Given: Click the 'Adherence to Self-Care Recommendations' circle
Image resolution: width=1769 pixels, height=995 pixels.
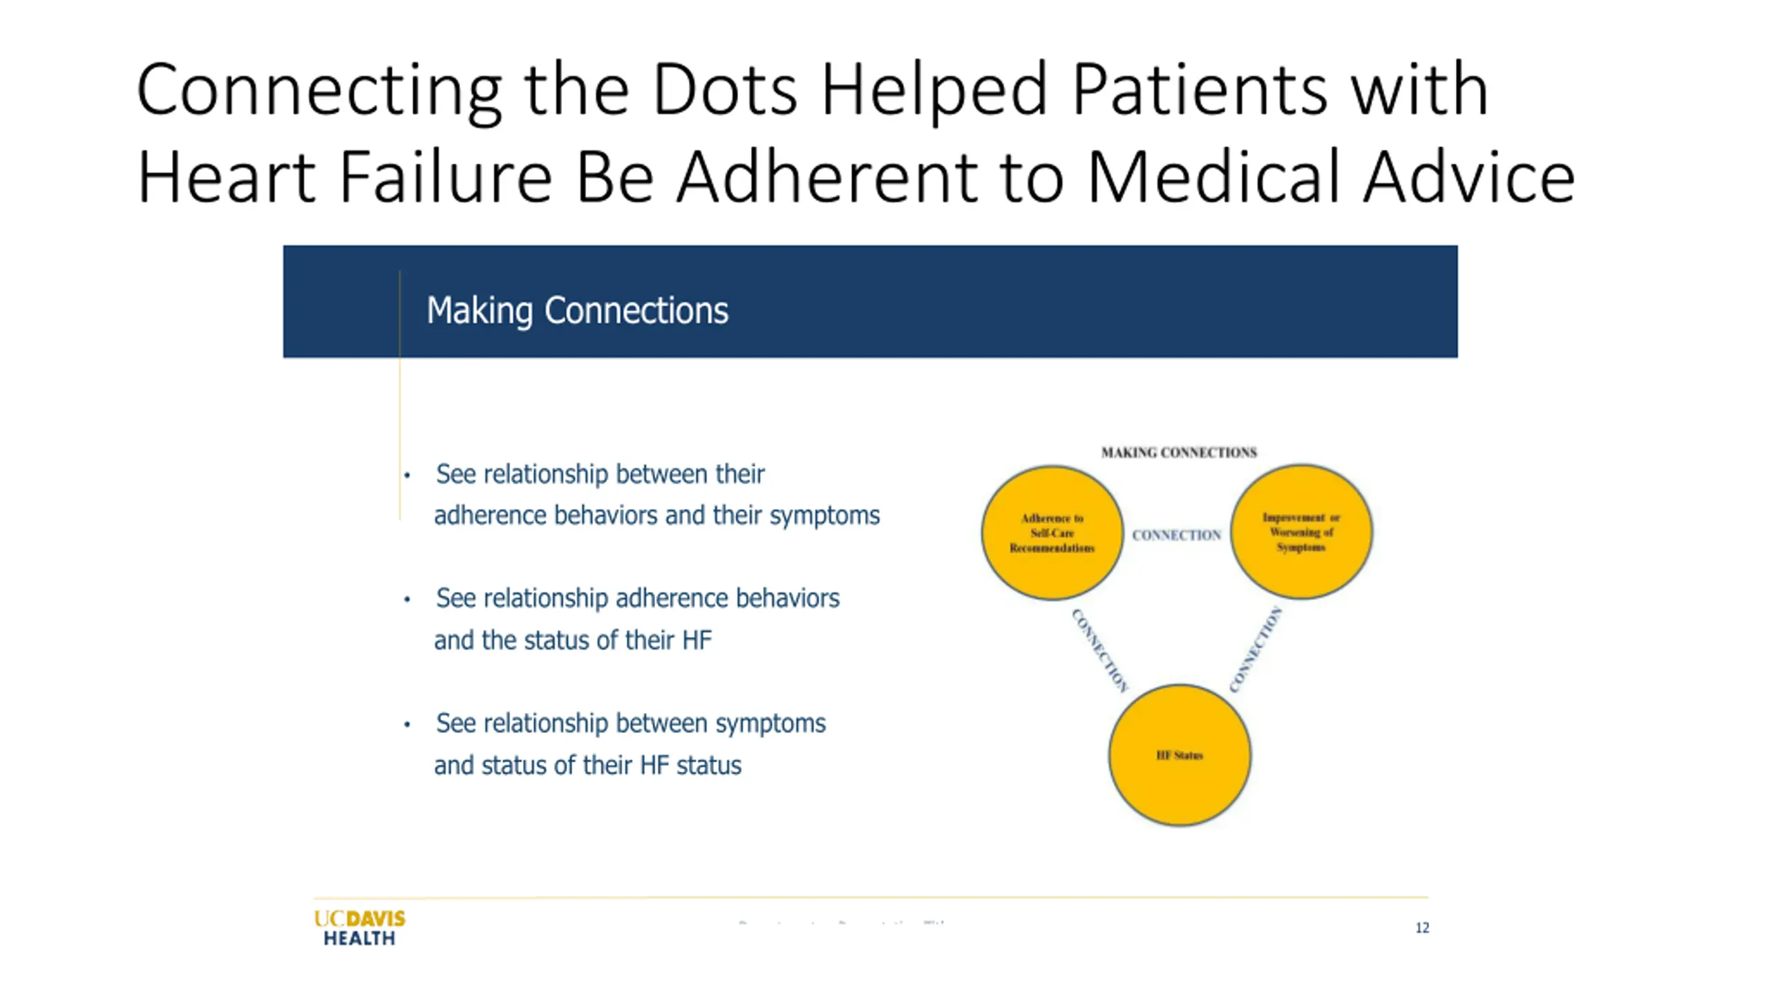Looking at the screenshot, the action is pyautogui.click(x=1052, y=532).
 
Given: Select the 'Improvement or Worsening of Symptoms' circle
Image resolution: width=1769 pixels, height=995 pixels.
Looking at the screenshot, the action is pyautogui.click(x=1301, y=531).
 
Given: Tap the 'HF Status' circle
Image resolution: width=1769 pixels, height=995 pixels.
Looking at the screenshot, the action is pyautogui.click(x=1180, y=755).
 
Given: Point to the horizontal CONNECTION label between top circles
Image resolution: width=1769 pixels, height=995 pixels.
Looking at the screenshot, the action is pyautogui.click(x=1176, y=535).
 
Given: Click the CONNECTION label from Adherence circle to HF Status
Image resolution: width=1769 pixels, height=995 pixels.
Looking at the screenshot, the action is pyautogui.click(x=1099, y=650).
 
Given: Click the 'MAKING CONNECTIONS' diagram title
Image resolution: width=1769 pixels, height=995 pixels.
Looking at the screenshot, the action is pyautogui.click(x=1179, y=453).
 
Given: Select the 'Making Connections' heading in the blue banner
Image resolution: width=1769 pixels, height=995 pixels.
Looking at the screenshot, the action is pyautogui.click(x=577, y=310).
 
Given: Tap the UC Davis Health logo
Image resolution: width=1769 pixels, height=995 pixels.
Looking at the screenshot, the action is pyautogui.click(x=359, y=927).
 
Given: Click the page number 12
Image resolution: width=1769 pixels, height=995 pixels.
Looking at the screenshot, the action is pyautogui.click(x=1421, y=927).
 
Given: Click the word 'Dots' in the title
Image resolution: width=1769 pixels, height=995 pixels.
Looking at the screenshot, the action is pyautogui.click(x=724, y=89).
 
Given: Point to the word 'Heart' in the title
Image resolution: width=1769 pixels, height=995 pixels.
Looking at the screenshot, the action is pyautogui.click(x=227, y=178).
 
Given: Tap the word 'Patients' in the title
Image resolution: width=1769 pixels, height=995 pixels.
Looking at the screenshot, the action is pyautogui.click(x=1200, y=89).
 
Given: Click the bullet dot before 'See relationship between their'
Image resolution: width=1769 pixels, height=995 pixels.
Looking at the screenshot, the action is pyautogui.click(x=408, y=475).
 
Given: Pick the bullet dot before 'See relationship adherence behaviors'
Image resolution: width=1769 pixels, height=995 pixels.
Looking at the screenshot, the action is pyautogui.click(x=408, y=599).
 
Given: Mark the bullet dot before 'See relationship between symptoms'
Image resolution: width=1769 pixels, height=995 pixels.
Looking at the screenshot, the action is pyautogui.click(x=408, y=724).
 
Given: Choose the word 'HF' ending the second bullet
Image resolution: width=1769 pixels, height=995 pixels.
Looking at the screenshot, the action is pyautogui.click(x=696, y=640).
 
